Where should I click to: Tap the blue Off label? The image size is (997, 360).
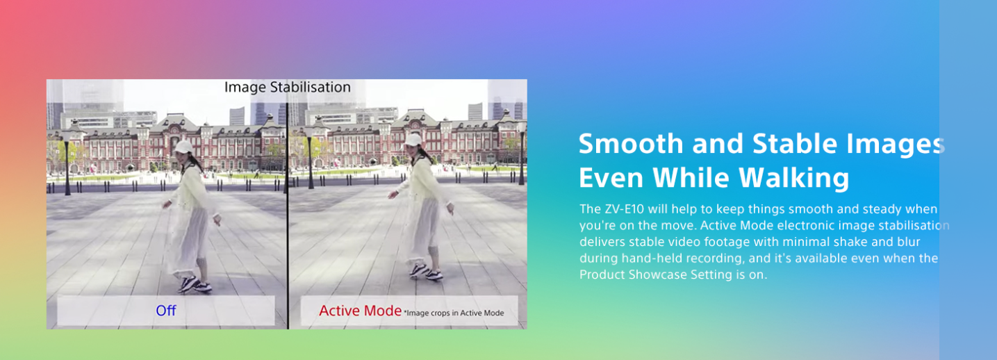[166, 310]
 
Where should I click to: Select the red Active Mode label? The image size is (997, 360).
[360, 310]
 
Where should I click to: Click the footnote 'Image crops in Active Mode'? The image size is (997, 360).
[454, 313]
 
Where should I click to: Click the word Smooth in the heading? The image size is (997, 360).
[631, 143]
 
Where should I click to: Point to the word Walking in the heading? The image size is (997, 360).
[794, 177]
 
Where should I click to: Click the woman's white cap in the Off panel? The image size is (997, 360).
[183, 147]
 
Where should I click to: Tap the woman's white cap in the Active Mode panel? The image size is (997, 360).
[413, 140]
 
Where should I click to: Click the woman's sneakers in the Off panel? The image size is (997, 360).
[195, 284]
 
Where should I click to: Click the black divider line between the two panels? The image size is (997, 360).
[288, 216]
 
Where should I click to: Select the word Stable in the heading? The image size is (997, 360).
[795, 143]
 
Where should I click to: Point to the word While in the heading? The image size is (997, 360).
[691, 177]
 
